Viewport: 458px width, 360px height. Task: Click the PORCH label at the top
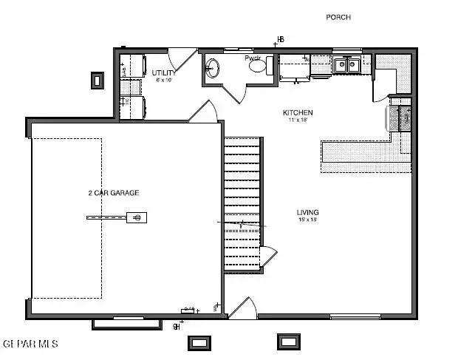338,17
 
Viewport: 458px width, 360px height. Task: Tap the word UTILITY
163,73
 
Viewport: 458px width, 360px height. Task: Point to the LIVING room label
307,212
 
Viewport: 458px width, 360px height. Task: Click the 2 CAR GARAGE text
113,193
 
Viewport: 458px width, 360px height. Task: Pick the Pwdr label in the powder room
253,58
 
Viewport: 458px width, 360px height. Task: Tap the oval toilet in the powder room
258,67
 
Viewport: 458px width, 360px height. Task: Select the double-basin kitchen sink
345,65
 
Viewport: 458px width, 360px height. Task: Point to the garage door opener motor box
136,217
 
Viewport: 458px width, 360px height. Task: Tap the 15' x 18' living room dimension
307,220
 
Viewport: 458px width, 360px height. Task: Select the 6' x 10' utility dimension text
163,81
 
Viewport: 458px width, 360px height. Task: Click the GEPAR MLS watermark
30,344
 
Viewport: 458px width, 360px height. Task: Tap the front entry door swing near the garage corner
242,308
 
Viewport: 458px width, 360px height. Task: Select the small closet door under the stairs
267,257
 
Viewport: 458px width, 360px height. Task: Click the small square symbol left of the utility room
97,78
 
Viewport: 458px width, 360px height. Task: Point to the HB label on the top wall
280,38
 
